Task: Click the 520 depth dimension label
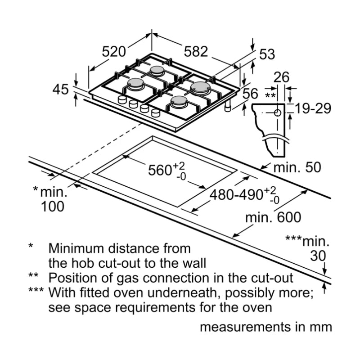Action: [113, 52]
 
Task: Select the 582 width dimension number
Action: [195, 52]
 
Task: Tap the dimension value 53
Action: [267, 54]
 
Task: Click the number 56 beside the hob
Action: [250, 94]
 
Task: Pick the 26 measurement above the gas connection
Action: [281, 77]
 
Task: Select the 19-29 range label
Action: [313, 108]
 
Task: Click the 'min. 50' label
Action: [298, 168]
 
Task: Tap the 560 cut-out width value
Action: [160, 170]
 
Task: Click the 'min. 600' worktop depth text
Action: [273, 218]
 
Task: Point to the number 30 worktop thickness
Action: [318, 256]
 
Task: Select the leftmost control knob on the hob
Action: [122, 100]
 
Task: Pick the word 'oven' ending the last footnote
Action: [258, 308]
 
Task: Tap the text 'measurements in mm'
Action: [265, 327]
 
